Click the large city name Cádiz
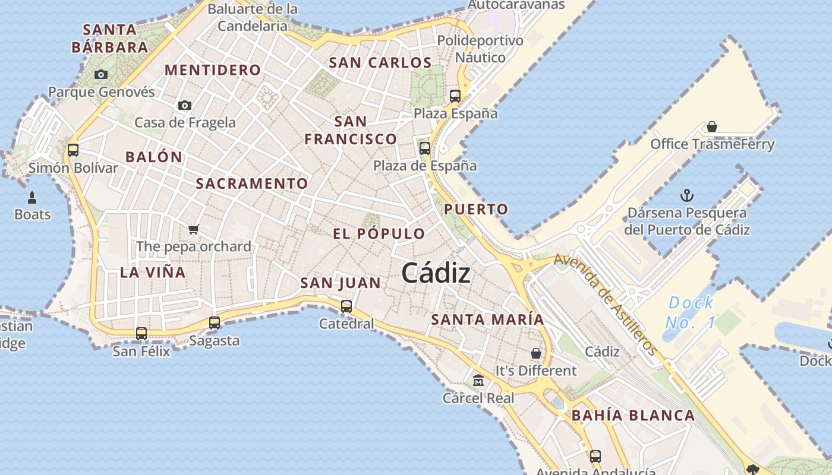coord(436,273)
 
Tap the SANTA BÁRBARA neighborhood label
coord(110,38)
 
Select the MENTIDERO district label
coord(213,70)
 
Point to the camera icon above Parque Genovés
coord(101,74)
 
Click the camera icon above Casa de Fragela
coord(185,105)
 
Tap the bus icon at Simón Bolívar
coord(73,150)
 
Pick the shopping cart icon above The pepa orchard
coord(193,229)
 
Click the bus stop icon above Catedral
coord(346,306)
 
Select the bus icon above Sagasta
coord(215,323)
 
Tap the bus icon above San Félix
coord(141,334)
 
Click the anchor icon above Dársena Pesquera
coord(687,195)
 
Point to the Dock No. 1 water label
coord(690,312)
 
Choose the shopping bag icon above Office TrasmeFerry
coord(712,126)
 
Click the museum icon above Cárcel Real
coord(478,380)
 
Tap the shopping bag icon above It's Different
coord(536,353)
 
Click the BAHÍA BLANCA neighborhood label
coord(633,416)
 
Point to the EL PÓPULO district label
coord(379,234)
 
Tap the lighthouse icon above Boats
coord(33,197)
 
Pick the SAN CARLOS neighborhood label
coord(380,62)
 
